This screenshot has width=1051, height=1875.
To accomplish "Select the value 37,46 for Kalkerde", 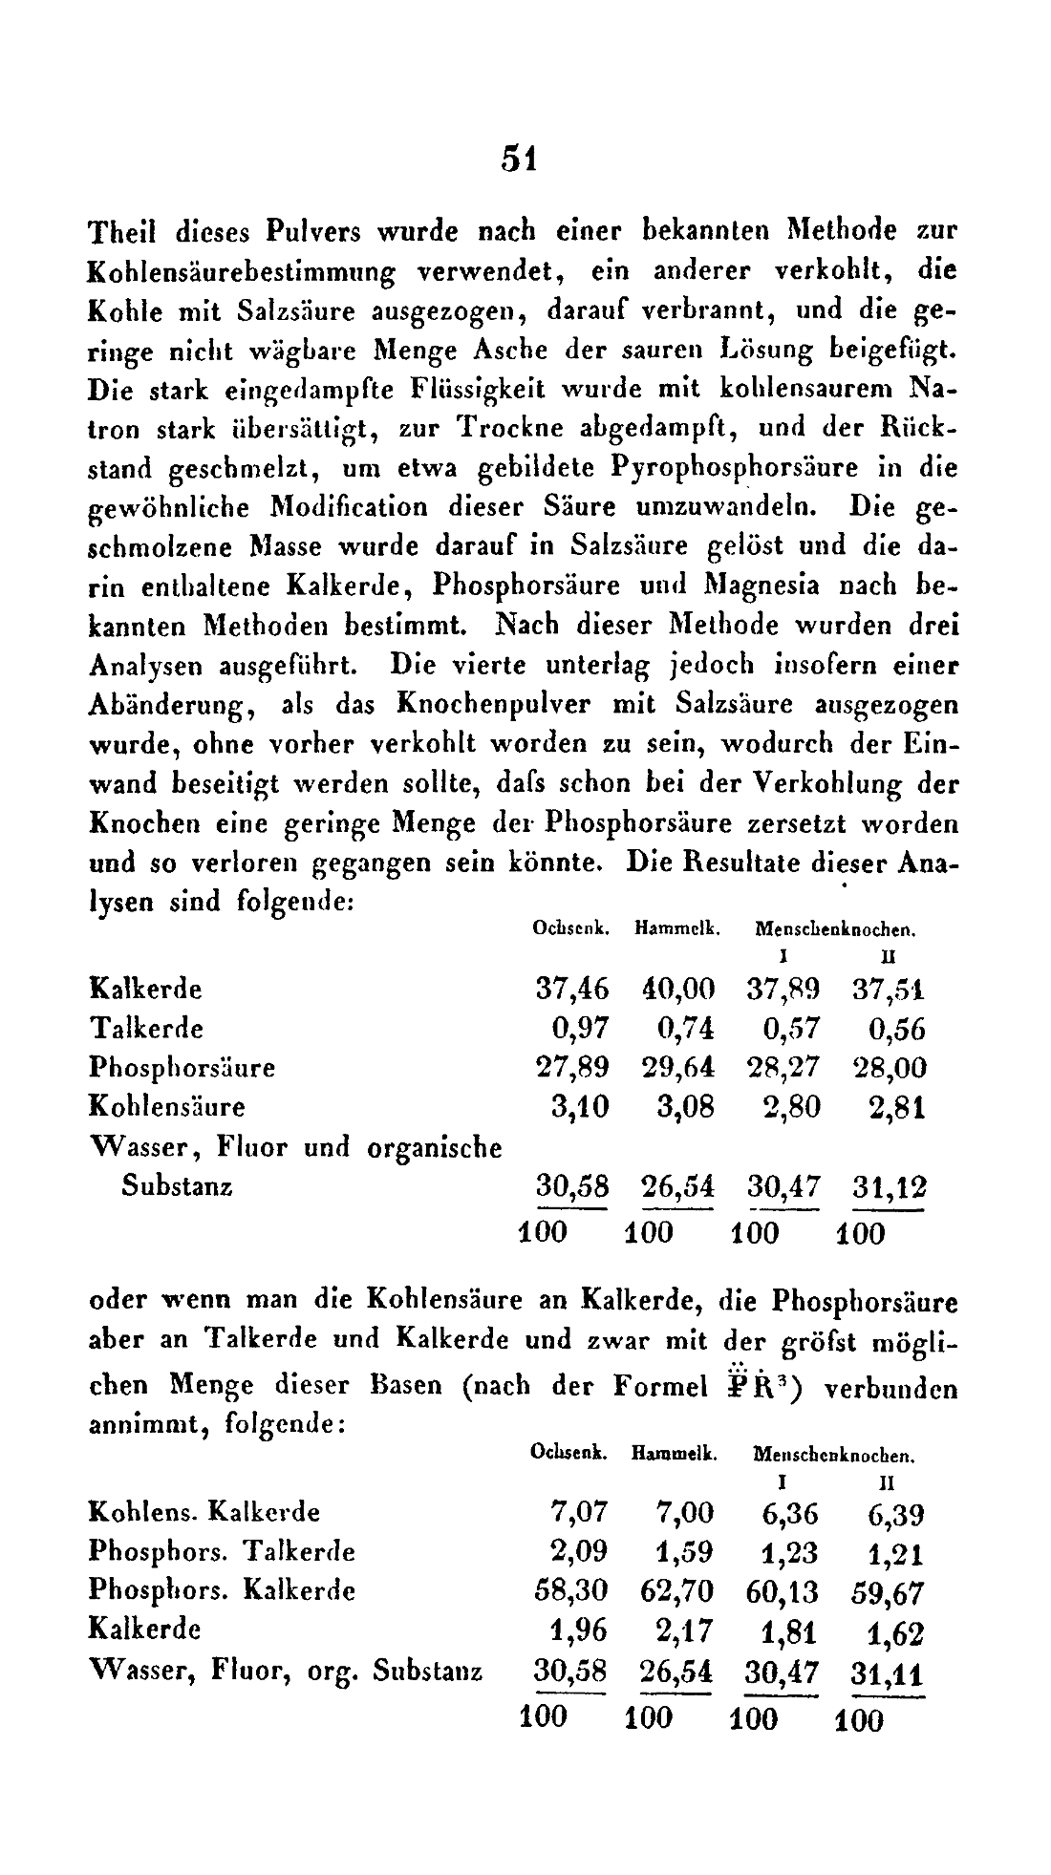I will pyautogui.click(x=570, y=989).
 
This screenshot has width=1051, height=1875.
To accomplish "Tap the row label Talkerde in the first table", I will pyautogui.click(x=145, y=1029).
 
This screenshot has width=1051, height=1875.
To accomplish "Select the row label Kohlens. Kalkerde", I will pyautogui.click(x=204, y=1512).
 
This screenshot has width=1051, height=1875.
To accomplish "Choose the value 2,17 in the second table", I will pyautogui.click(x=684, y=1631).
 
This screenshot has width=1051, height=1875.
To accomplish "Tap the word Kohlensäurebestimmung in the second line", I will pyautogui.click(x=242, y=271).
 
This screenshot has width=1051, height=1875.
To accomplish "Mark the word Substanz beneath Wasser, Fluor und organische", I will pyautogui.click(x=178, y=1186).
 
